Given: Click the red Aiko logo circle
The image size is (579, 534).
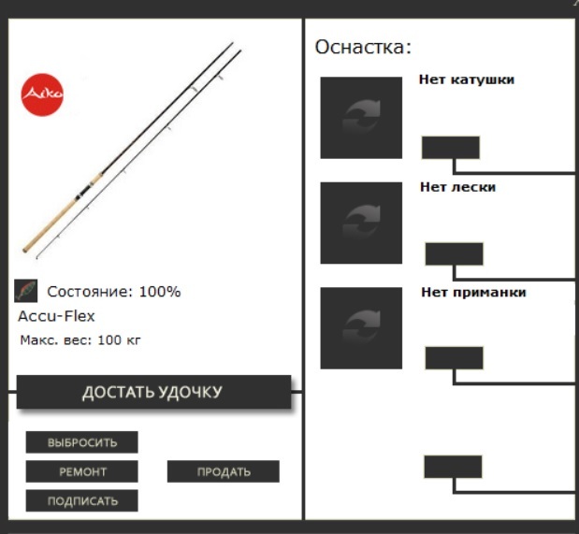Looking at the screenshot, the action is (42, 94).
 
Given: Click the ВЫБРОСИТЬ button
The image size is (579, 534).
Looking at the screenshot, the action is (82, 442).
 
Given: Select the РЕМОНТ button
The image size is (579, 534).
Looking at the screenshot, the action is (82, 471).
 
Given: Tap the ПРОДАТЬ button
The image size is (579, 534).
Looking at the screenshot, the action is (224, 471).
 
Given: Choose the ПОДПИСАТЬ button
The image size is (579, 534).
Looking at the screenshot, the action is (82, 500).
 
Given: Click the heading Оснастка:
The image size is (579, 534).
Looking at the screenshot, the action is (363, 48).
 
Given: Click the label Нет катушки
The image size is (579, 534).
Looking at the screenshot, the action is (467, 79).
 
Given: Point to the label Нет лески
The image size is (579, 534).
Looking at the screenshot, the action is (458, 187).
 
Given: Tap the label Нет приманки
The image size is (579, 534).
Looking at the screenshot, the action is (473, 292).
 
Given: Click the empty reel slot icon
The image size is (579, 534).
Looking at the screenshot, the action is (361, 118).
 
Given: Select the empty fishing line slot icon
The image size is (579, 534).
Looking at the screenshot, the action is (361, 224).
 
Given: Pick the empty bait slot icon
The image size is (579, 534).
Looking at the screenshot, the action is (361, 328).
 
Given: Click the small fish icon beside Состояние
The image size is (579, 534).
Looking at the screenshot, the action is (26, 291).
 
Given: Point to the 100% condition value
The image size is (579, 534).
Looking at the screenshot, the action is (160, 292).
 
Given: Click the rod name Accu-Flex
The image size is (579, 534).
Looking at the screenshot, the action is (56, 316).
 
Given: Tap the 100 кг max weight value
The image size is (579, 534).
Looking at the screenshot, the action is (119, 340).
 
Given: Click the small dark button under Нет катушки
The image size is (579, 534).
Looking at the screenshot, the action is (451, 148).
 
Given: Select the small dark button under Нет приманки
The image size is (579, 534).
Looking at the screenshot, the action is (455, 358).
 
